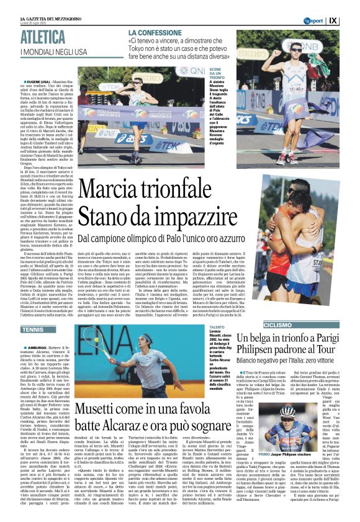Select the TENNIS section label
coord(33,330)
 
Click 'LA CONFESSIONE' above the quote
coord(155,32)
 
